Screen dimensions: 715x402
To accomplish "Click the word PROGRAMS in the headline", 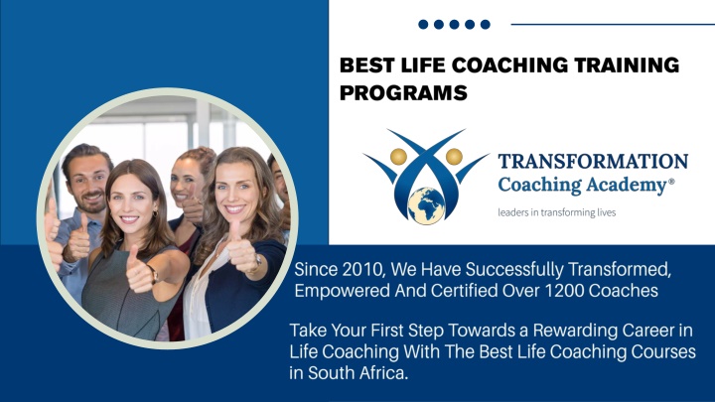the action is [403, 92].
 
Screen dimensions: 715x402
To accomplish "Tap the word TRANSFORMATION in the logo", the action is [593, 162].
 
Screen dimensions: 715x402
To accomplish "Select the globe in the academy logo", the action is [426, 205].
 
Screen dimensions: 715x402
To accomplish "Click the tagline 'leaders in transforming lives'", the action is [557, 212].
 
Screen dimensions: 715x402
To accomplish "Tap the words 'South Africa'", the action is [357, 373].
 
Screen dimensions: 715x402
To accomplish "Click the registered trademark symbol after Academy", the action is [671, 181].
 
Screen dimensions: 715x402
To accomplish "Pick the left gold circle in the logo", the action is [398, 157].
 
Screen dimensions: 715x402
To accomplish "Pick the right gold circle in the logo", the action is [454, 157].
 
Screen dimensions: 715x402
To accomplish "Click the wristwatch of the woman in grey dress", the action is [153, 274].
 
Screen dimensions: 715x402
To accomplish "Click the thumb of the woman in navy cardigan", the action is [235, 230].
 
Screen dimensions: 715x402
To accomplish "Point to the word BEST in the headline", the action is [366, 65].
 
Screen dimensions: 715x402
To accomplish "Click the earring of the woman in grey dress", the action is [156, 213].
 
